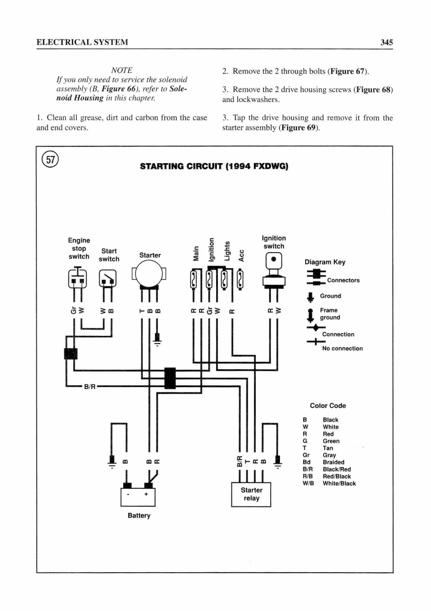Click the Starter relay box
(251, 495)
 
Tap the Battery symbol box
(138, 497)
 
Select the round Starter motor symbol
(149, 274)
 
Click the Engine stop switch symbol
(77, 278)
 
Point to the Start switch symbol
(108, 278)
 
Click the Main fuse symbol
(193, 280)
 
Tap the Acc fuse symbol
(240, 280)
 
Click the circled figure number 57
(50, 159)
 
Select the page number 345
(387, 42)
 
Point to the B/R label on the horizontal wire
(90, 387)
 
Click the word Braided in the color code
(333, 462)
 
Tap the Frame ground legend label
(330, 314)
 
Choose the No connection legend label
(342, 348)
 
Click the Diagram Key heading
(325, 262)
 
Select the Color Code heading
(328, 406)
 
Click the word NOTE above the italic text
(122, 71)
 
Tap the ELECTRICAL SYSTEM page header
(82, 42)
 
